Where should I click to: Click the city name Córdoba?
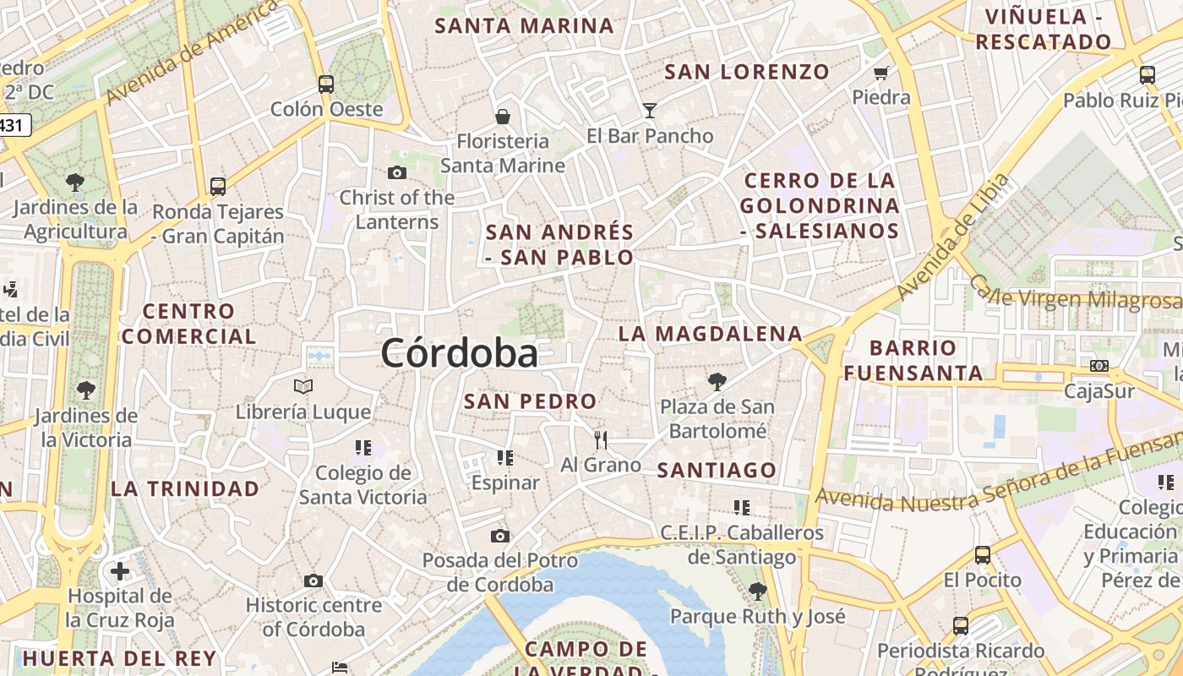(459, 352)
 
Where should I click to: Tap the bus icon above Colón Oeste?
(326, 84)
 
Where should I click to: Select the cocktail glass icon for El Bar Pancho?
(649, 110)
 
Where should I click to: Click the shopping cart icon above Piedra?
(881, 73)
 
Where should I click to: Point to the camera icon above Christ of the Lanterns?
(397, 173)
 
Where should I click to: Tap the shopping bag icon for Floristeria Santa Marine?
(503, 116)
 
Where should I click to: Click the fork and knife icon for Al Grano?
(601, 439)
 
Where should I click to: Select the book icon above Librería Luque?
(303, 386)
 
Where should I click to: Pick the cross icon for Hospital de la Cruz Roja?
(120, 571)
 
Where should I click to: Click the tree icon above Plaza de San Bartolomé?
(717, 381)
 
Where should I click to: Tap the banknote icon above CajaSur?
(1098, 366)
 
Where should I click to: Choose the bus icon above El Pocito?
(982, 555)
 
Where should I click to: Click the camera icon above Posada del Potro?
(500, 536)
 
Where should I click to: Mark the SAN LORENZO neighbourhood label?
(747, 72)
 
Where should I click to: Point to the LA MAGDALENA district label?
(710, 334)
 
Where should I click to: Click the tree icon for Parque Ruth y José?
(757, 591)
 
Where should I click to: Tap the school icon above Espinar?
(505, 458)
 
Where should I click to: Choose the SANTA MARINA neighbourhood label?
(524, 26)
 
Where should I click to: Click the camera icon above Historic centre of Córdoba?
(313, 581)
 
